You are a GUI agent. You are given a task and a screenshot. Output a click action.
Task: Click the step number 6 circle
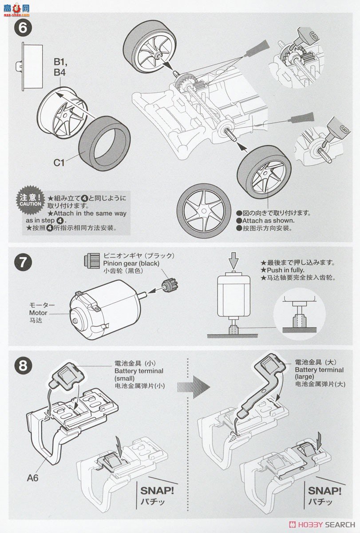23,28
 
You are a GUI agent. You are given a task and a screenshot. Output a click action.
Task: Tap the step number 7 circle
23,262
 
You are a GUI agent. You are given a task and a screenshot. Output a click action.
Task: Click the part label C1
59,163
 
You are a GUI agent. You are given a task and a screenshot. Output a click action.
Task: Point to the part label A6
33,477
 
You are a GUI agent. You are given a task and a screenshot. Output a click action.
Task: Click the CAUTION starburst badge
31,201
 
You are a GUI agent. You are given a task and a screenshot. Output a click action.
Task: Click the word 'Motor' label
38,312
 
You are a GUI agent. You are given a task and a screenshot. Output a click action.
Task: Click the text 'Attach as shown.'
269,220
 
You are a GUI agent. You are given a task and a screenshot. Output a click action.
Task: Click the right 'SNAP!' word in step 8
324,490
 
